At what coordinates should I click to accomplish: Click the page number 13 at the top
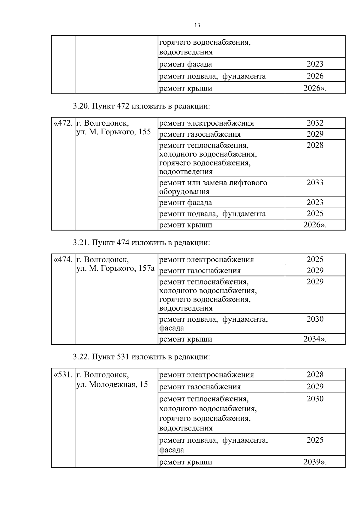pyautogui.click(x=197, y=25)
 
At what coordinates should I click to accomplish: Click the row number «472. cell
pyautogui.click(x=63, y=123)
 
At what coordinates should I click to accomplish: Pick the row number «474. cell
pyautogui.click(x=63, y=259)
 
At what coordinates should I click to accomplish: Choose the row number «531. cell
pyautogui.click(x=63, y=374)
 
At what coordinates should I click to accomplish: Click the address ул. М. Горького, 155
pyautogui.click(x=113, y=132)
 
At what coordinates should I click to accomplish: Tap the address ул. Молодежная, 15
pyautogui.click(x=112, y=384)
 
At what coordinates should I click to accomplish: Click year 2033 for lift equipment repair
pyautogui.click(x=315, y=183)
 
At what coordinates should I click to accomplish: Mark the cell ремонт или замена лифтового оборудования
pyautogui.click(x=213, y=187)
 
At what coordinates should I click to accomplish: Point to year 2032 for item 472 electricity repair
pyautogui.click(x=315, y=123)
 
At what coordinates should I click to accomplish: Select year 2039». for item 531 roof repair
pyautogui.click(x=315, y=462)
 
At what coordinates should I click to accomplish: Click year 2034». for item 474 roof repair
pyautogui.click(x=315, y=339)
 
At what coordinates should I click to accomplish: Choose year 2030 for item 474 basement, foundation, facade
pyautogui.click(x=315, y=319)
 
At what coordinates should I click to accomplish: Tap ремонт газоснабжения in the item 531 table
pyautogui.click(x=200, y=387)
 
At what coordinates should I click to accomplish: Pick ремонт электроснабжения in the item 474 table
pyautogui.click(x=206, y=259)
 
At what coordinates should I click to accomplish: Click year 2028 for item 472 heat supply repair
pyautogui.click(x=315, y=145)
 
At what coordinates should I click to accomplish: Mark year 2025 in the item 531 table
pyautogui.click(x=315, y=440)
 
